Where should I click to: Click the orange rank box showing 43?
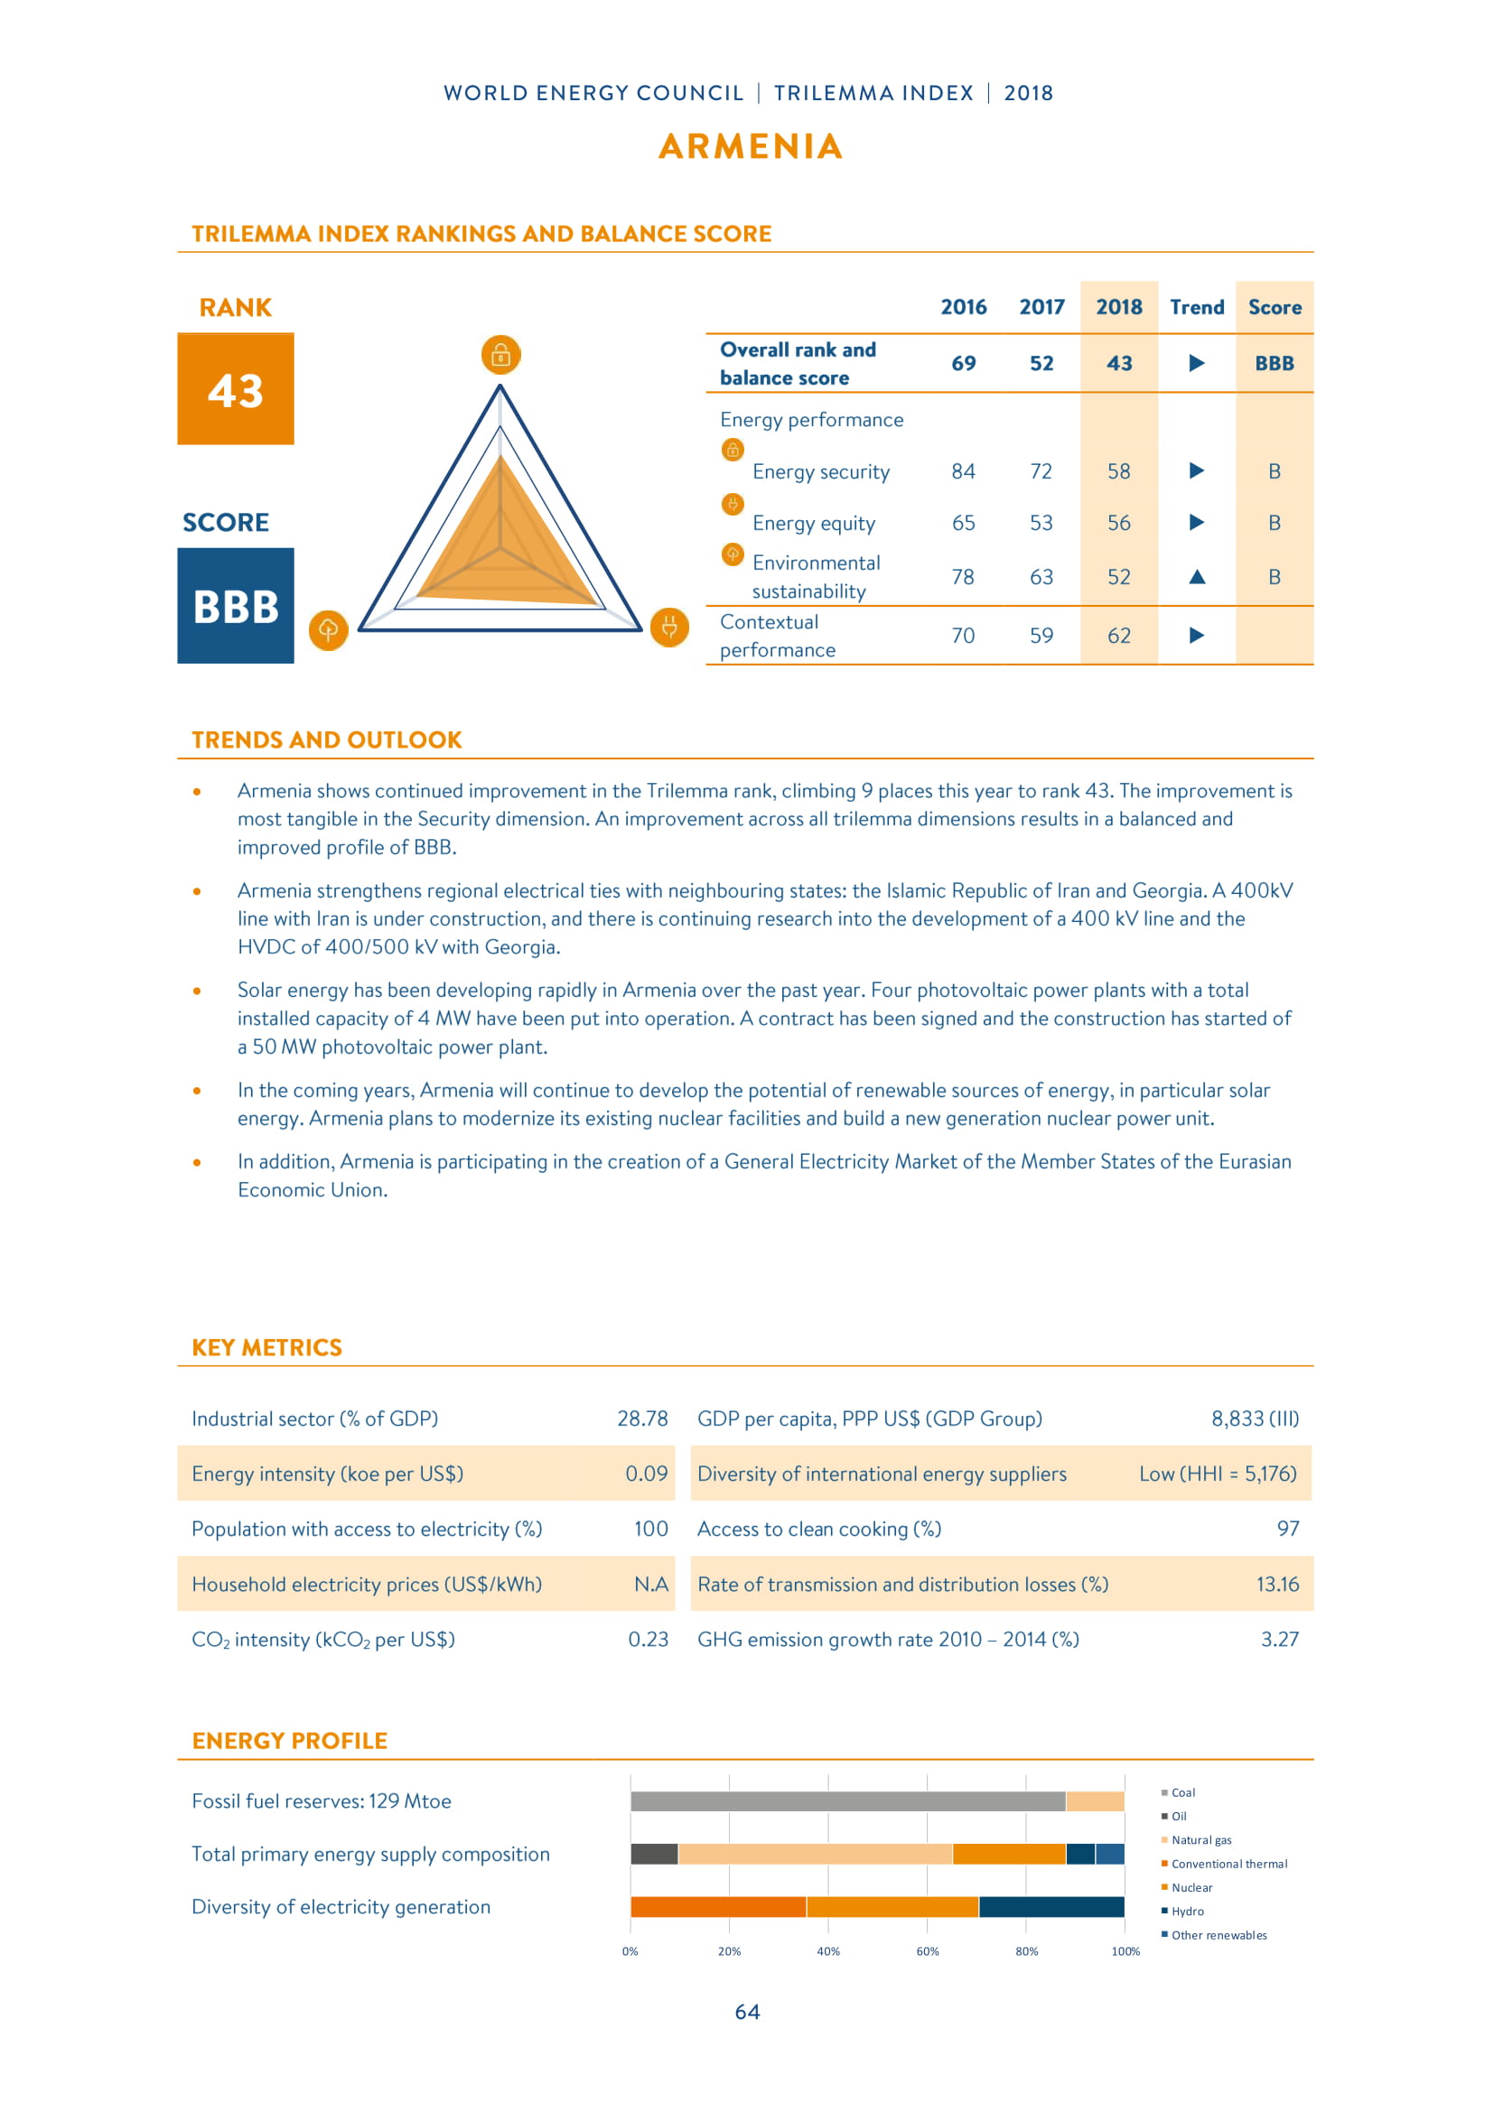pos(236,389)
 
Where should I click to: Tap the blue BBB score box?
pos(236,606)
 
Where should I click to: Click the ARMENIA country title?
pos(751,146)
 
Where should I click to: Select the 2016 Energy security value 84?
pos(963,472)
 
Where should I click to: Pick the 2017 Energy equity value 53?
pos(1041,524)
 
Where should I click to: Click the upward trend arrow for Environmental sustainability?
pos(1197,577)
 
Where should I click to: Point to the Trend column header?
pos(1197,307)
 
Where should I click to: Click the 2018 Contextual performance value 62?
pos(1118,636)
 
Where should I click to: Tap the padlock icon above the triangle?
pos(500,355)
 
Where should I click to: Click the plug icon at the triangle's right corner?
pos(668,628)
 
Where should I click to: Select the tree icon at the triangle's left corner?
pos(329,630)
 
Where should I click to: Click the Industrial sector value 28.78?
pos(642,1419)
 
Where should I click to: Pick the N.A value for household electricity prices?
pos(650,1584)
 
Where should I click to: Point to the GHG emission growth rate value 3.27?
pos(1280,1639)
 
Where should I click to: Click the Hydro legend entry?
pos(1187,1912)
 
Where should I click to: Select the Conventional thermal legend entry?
pos(1228,1864)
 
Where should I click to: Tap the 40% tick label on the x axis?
pos(828,1951)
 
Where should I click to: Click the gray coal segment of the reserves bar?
pos(846,1801)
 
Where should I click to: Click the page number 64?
pos(747,2013)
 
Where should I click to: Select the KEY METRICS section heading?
pos(266,1347)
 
